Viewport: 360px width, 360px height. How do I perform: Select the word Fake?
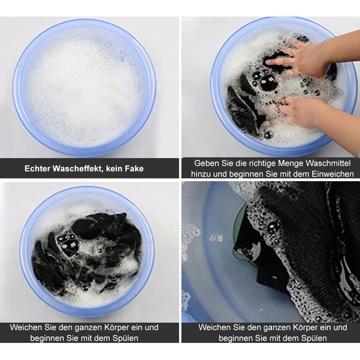click(x=134, y=169)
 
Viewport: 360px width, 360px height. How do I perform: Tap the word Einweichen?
click(x=332, y=174)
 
